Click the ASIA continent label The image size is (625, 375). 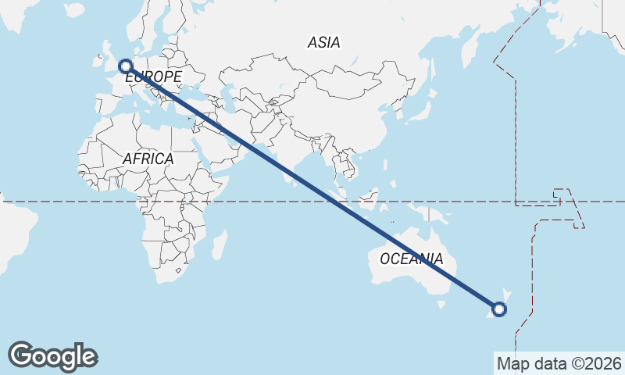click(x=323, y=43)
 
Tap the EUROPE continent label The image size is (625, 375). click(x=153, y=77)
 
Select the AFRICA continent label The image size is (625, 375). click(x=148, y=159)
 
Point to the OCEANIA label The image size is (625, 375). click(x=411, y=259)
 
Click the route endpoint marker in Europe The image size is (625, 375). click(x=124, y=67)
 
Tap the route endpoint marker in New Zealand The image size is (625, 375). click(x=499, y=309)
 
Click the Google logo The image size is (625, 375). click(x=52, y=356)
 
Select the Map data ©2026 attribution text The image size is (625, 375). click(x=559, y=363)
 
